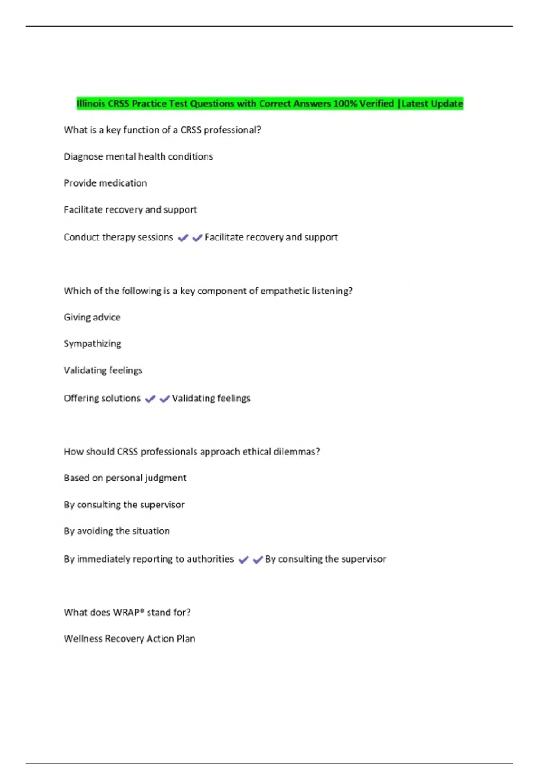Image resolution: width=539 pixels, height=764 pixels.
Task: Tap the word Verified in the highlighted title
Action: pyautogui.click(x=376, y=104)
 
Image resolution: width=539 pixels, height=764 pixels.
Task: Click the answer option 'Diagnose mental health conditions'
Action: pyautogui.click(x=138, y=157)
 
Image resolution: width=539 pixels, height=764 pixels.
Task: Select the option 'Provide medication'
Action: pyautogui.click(x=105, y=183)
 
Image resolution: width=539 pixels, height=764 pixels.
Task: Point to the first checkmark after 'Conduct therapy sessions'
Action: pyautogui.click(x=183, y=238)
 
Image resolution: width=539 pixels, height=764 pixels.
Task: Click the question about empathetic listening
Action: pyautogui.click(x=208, y=291)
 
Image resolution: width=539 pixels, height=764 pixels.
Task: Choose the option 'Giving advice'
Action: pyautogui.click(x=92, y=318)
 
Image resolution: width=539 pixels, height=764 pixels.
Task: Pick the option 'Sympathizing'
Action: pyautogui.click(x=93, y=344)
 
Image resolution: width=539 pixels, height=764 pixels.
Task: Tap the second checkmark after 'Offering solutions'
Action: pyautogui.click(x=165, y=399)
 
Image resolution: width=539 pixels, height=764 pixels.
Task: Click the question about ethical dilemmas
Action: pyautogui.click(x=192, y=452)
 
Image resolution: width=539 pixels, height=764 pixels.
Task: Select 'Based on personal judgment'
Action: pyautogui.click(x=125, y=478)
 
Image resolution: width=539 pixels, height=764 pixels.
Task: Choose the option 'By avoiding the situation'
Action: pyautogui.click(x=117, y=531)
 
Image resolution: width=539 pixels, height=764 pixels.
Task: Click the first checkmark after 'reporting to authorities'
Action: pyautogui.click(x=243, y=560)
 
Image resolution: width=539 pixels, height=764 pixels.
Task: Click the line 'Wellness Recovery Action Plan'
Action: pyautogui.click(x=129, y=639)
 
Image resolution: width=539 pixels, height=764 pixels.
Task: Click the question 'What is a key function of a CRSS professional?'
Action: pyautogui.click(x=162, y=130)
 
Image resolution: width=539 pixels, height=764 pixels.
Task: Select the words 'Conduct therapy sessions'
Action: pyautogui.click(x=118, y=237)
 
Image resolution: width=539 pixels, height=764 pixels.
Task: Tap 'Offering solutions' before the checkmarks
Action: pyautogui.click(x=102, y=399)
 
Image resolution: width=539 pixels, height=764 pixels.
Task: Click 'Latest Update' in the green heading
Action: pyautogui.click(x=432, y=104)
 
